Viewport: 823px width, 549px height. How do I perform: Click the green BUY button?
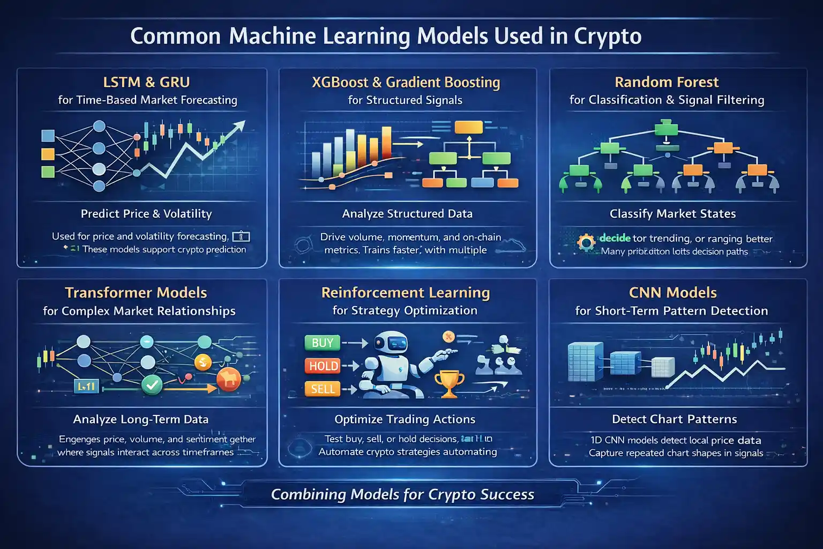[x=322, y=343]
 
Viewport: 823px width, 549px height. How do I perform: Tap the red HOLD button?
[x=324, y=366]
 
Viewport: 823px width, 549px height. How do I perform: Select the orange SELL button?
[x=323, y=389]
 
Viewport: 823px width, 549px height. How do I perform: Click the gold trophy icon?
[x=449, y=383]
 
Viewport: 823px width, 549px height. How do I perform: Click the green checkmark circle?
[x=152, y=384]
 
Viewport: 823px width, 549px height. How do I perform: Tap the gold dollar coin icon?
[x=203, y=363]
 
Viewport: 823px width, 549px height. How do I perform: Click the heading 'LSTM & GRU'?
[x=146, y=82]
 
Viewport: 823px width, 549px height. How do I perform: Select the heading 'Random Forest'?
[x=667, y=82]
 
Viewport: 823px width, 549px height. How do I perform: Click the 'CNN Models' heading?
[x=672, y=293]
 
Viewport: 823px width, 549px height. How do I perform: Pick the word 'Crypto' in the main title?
[x=608, y=36]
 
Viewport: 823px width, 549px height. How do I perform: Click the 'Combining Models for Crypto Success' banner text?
[x=402, y=494]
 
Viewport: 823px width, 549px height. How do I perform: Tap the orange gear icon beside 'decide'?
[x=586, y=242]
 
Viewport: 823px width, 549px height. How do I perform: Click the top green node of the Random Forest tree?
[x=667, y=129]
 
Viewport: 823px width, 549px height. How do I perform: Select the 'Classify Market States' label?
[x=672, y=214]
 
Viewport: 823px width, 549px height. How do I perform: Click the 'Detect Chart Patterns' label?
[x=674, y=419]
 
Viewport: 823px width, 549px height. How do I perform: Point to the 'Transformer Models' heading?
[x=136, y=293]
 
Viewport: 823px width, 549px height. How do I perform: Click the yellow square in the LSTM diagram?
[x=48, y=154]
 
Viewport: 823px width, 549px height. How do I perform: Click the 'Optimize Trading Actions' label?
[x=405, y=419]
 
